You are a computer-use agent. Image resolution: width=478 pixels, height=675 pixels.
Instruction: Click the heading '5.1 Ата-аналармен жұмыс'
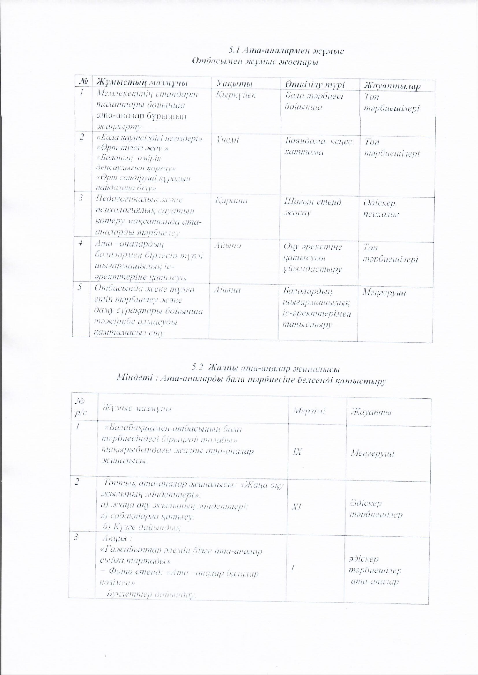click(286, 51)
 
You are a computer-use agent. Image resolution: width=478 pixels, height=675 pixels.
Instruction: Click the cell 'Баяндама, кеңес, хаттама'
click(319, 147)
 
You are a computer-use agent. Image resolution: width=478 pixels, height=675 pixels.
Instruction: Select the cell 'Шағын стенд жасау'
click(312, 207)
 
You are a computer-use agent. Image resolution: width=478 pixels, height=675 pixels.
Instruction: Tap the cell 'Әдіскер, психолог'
click(380, 208)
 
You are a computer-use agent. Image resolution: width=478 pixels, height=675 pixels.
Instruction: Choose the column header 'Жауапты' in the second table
click(371, 412)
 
